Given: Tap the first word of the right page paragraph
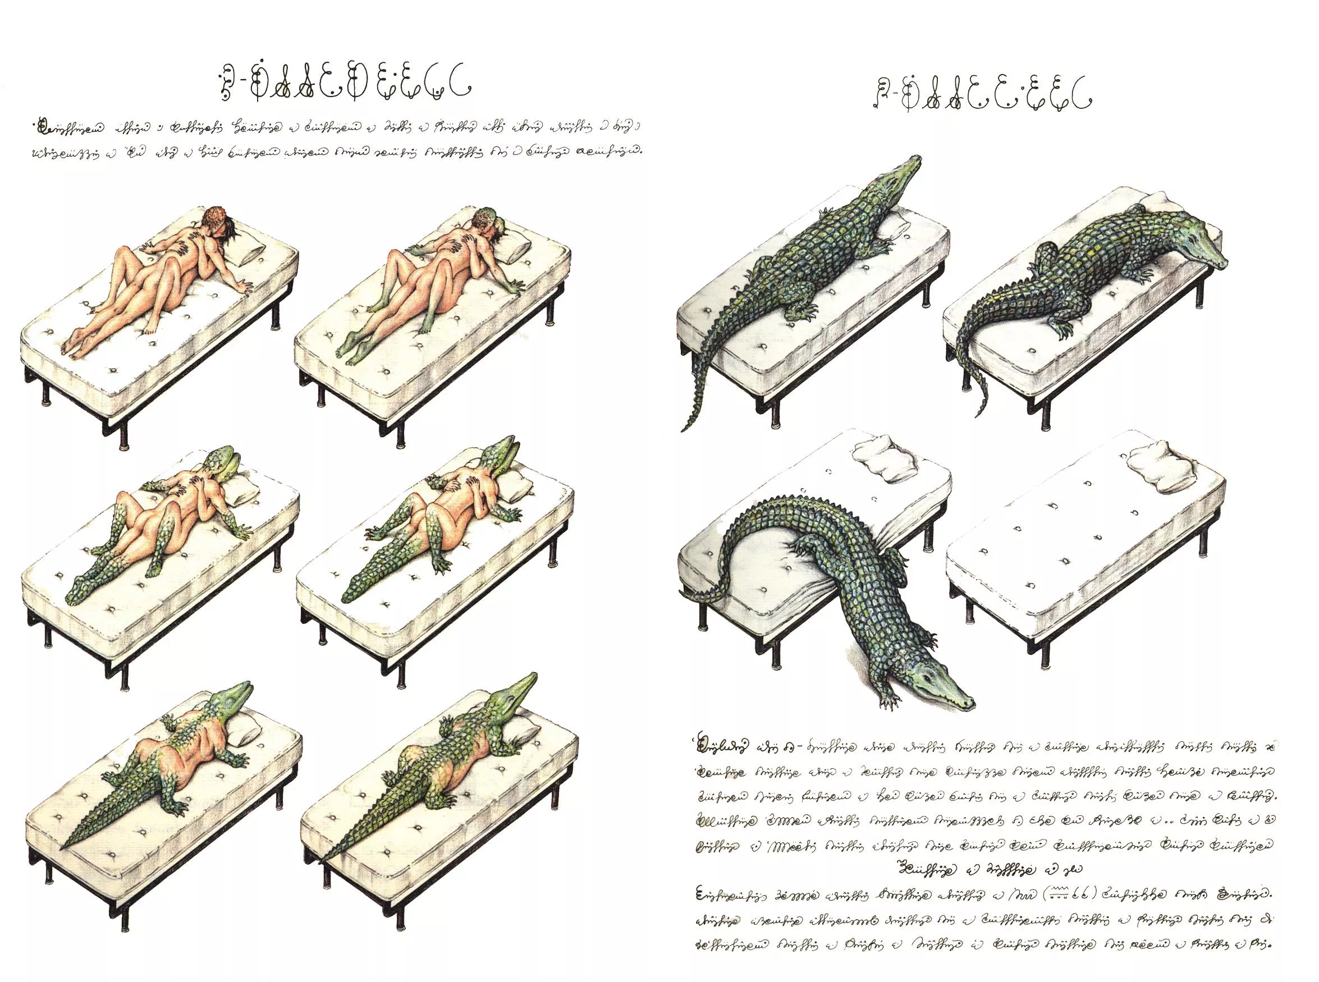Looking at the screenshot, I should pos(722,747).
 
